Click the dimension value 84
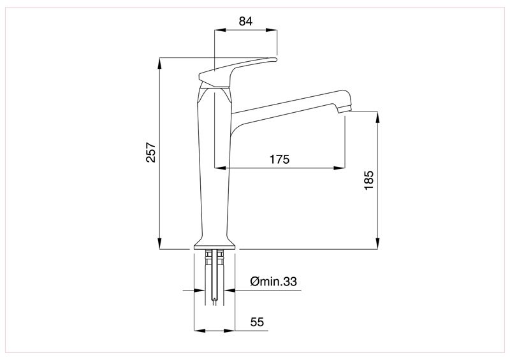(245, 22)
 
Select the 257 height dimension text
(151, 152)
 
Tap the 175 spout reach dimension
(279, 159)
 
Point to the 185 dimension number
(369, 180)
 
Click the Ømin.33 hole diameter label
(273, 281)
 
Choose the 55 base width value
(257, 322)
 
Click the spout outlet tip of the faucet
(345, 110)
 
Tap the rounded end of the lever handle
(275, 59)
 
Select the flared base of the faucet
(214, 244)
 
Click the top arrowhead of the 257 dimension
(159, 64)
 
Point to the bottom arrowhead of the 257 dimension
(159, 244)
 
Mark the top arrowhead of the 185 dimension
(377, 117)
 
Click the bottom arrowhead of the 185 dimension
(377, 244)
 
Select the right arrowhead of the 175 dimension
(339, 168)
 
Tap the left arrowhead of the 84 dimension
(220, 30)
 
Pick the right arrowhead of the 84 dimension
(272, 30)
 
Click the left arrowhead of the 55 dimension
(200, 331)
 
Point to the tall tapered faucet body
(214, 162)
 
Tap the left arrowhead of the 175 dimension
(220, 168)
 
